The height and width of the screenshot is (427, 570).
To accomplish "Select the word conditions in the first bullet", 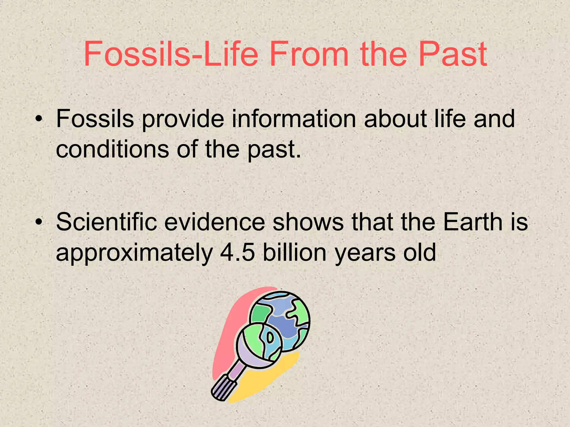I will click(112, 149).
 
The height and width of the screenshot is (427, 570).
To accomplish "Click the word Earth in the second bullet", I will click(471, 222).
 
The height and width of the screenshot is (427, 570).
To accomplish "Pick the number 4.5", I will click(237, 252).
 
